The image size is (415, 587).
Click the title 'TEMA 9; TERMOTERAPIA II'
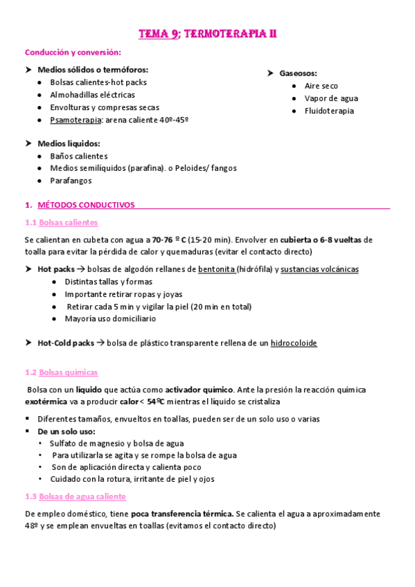(208, 33)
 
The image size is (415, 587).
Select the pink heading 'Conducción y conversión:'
(73, 52)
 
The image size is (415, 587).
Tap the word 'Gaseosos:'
(300, 73)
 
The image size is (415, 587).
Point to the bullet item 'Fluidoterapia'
(329, 111)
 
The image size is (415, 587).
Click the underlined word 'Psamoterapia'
(76, 120)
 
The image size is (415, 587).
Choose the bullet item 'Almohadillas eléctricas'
(92, 95)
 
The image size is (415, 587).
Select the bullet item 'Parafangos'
(71, 181)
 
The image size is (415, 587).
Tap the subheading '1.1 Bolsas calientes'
(61, 222)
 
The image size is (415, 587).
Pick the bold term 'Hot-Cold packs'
(66, 343)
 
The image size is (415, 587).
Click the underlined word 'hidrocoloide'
(294, 343)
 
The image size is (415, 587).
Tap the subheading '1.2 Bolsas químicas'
(61, 372)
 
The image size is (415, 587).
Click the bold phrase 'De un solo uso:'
(67, 431)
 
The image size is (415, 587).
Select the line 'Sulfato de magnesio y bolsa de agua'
(116, 443)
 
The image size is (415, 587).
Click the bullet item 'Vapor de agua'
(331, 98)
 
